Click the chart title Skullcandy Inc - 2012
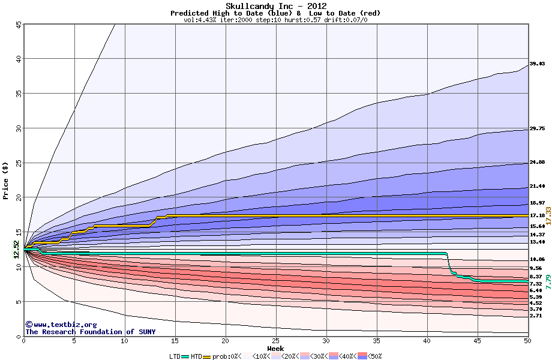pos(275,6)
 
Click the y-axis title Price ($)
pos(6,180)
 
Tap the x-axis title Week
pos(275,348)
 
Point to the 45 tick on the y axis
pos(18,25)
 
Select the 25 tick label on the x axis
pos(275,341)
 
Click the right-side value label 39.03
pos(537,64)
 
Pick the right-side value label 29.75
pos(537,128)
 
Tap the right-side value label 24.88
pos(537,163)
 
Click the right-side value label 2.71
pos(536,316)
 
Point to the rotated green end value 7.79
pos(548,282)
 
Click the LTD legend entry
pos(175,356)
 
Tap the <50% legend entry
pos(374,356)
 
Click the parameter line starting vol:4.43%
pos(275,20)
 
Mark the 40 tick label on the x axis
pos(427,341)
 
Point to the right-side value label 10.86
pos(537,259)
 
